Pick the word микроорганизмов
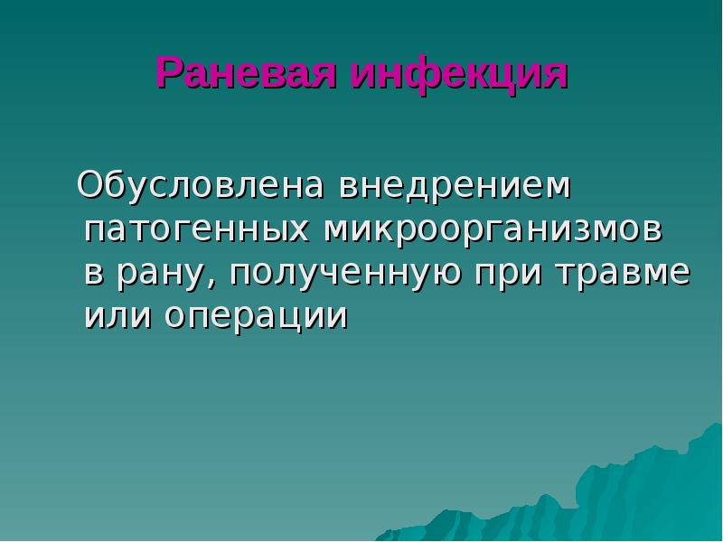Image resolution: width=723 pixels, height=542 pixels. [494, 230]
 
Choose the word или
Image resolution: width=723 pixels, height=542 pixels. [114, 316]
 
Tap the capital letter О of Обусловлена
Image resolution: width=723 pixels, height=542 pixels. [91, 186]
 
